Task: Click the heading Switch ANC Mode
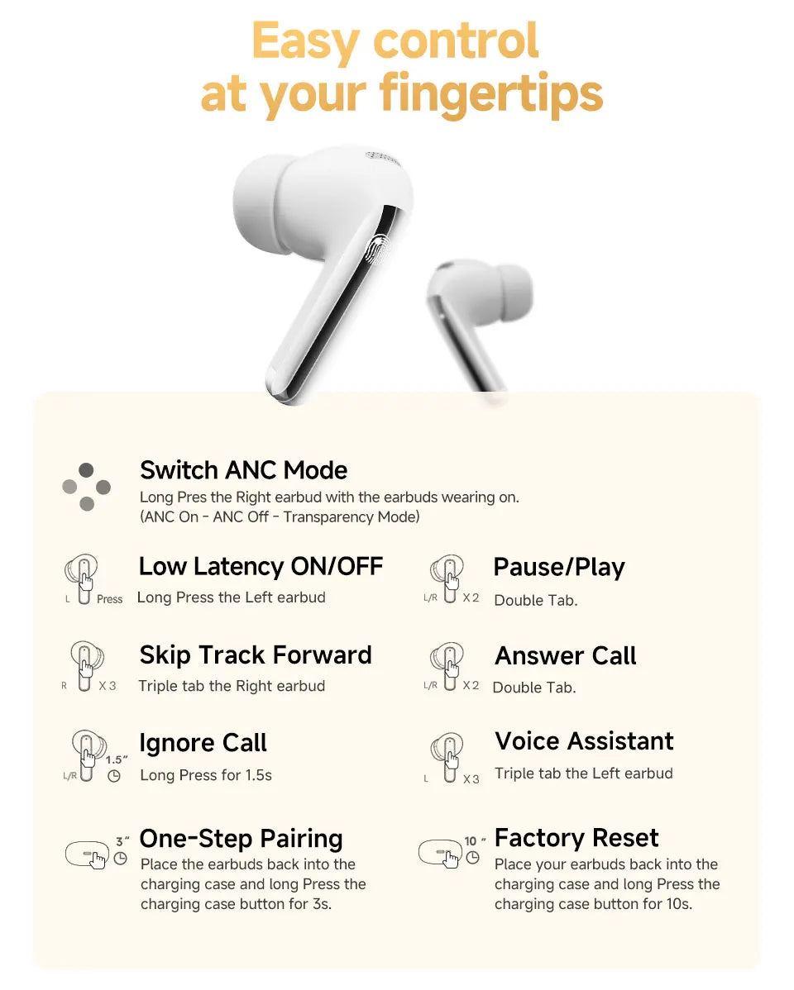[x=243, y=470]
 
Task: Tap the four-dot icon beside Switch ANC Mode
[x=86, y=487]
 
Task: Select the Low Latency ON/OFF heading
[x=261, y=567]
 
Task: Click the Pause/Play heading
[x=559, y=568]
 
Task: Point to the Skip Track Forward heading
[x=256, y=655]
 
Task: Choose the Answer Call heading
[x=566, y=656]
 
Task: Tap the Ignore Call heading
[x=203, y=743]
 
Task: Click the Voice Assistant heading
[x=584, y=741]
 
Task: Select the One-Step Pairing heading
[x=241, y=838]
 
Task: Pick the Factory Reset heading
[x=576, y=838]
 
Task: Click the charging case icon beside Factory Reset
[x=439, y=852]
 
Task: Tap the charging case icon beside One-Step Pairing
[x=87, y=854]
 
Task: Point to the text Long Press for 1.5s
[x=206, y=775]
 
